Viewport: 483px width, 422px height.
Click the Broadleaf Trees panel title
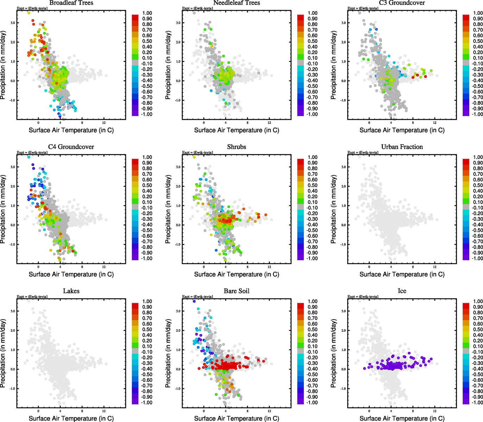(x=71, y=3)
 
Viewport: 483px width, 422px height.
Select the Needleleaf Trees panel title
(x=236, y=3)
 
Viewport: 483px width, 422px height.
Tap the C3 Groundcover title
(x=402, y=3)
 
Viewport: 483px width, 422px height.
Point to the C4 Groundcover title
(x=71, y=147)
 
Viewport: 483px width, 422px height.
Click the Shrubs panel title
(x=236, y=147)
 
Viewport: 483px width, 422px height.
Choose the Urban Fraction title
(x=402, y=147)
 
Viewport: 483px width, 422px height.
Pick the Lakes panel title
(x=71, y=291)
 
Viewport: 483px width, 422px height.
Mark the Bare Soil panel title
(x=236, y=291)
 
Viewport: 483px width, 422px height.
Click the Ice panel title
(x=402, y=291)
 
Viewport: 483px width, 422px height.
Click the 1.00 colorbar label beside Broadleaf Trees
(x=147, y=13)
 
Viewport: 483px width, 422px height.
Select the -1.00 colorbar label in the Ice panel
(x=477, y=403)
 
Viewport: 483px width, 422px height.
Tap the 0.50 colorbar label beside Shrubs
(x=312, y=185)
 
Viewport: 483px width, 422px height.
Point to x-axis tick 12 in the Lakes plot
(x=104, y=411)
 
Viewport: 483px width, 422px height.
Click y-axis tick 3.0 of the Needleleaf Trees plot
(x=178, y=23)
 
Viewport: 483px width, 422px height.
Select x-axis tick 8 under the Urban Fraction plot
(x=413, y=267)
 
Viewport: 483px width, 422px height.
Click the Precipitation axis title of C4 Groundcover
(x=3, y=209)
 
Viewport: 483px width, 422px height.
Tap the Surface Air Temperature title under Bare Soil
(x=236, y=418)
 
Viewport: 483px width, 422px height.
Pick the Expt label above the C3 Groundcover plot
(x=363, y=8)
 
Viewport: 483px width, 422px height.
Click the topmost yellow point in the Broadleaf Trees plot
(x=29, y=13)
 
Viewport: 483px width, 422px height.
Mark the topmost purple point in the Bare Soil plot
(x=194, y=301)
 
